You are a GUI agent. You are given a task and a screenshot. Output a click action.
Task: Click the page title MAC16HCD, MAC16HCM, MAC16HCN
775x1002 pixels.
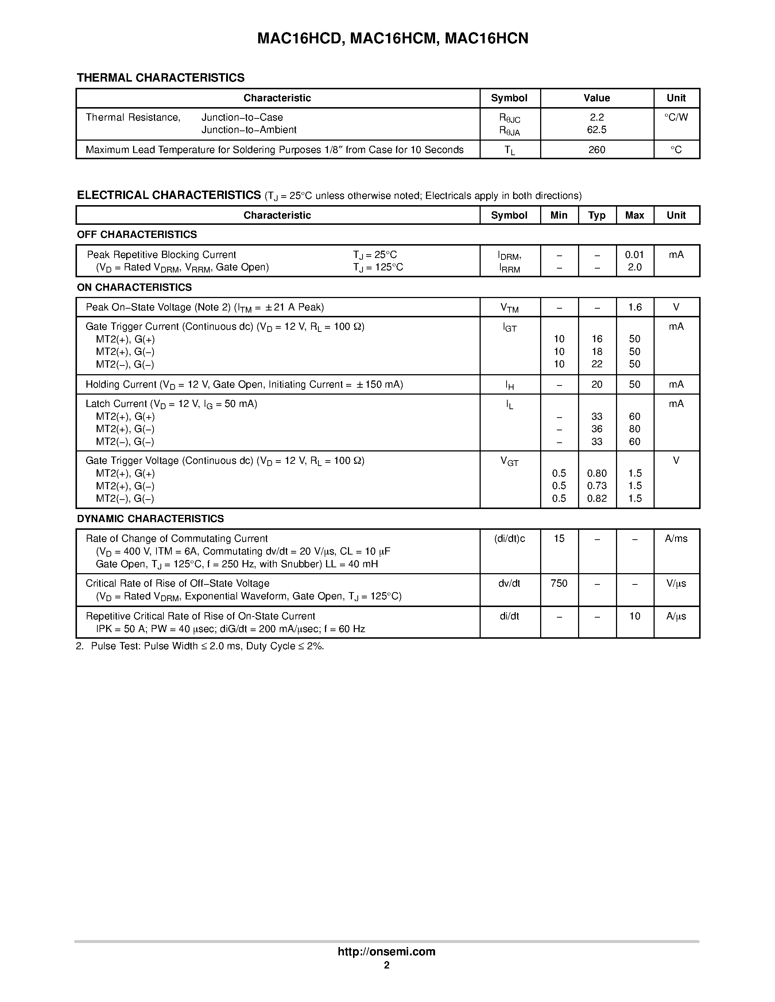pyautogui.click(x=392, y=39)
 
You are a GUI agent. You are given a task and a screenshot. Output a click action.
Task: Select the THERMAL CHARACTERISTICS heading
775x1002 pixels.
pyautogui.click(x=161, y=78)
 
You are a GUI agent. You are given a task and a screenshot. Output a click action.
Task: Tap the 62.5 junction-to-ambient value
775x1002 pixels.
pyautogui.click(x=596, y=130)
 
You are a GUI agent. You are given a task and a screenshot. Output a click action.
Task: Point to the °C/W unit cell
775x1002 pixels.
pyautogui.click(x=676, y=117)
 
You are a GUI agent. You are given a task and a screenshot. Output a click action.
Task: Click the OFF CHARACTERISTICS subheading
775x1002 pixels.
pyautogui.click(x=137, y=234)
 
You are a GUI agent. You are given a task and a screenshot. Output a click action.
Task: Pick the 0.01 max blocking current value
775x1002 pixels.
pyautogui.click(x=635, y=255)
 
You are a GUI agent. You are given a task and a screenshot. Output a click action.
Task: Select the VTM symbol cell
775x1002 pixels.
pyautogui.click(x=509, y=308)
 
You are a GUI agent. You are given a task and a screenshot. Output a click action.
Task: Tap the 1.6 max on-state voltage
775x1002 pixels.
pyautogui.click(x=635, y=307)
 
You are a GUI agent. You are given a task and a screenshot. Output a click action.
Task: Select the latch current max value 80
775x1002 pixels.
pyautogui.click(x=635, y=429)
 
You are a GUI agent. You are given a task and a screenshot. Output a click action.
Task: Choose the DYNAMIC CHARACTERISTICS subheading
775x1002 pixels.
pyautogui.click(x=150, y=518)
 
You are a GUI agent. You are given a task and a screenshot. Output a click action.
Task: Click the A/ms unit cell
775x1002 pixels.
pyautogui.click(x=676, y=539)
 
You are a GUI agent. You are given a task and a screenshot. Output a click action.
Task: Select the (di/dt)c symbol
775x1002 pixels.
pyautogui.click(x=509, y=539)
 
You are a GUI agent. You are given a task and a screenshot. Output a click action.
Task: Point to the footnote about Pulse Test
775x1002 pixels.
pyautogui.click(x=200, y=646)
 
